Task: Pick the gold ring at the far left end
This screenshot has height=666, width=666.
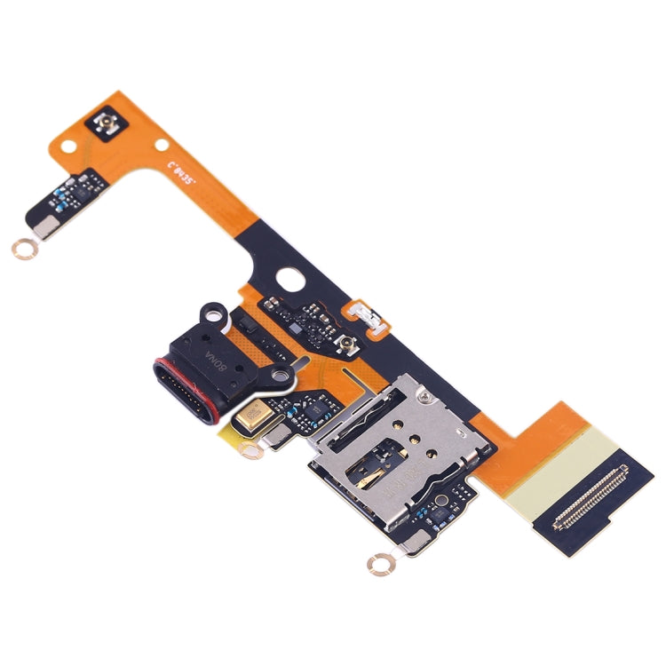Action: (x=22, y=250)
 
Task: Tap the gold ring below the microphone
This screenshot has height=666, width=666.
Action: (x=253, y=452)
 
